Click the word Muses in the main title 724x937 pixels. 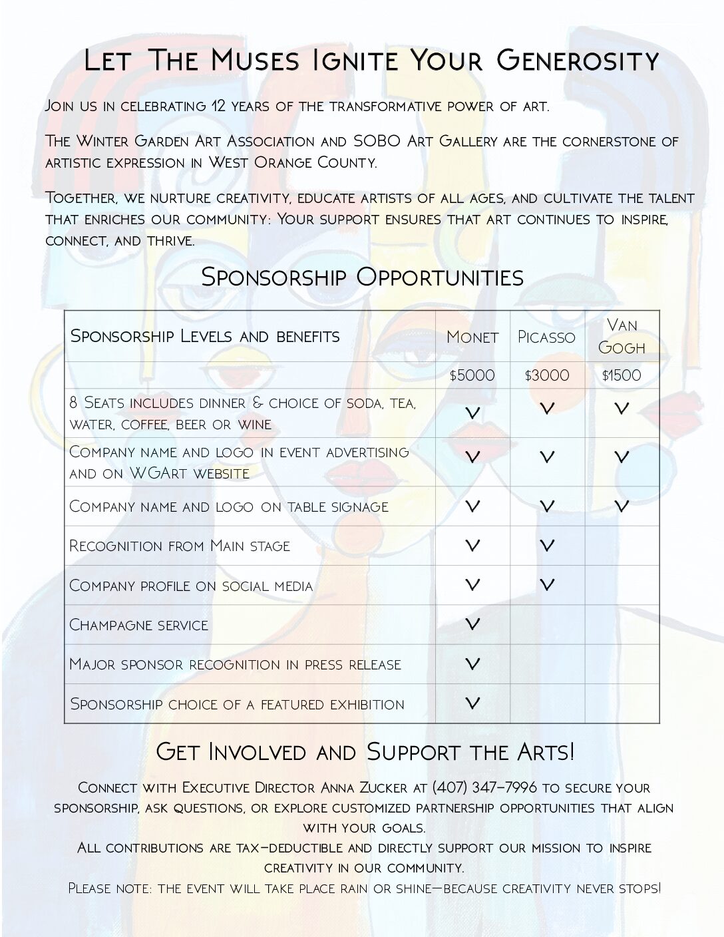click(256, 61)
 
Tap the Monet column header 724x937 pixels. click(472, 337)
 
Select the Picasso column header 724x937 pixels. click(546, 337)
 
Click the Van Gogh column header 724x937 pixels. click(622, 336)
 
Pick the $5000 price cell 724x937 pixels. click(472, 376)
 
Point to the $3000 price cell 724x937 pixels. click(546, 376)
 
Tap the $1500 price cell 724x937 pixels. click(622, 376)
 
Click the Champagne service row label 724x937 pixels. click(139, 625)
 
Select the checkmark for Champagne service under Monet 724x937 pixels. click(472, 624)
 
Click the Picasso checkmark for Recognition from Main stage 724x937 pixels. click(546, 546)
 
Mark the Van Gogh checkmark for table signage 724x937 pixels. click(622, 506)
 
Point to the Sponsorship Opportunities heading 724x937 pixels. click(362, 277)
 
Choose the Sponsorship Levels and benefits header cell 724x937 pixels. click(206, 336)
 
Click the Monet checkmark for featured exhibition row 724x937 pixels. click(472, 703)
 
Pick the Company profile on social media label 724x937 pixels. click(191, 586)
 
